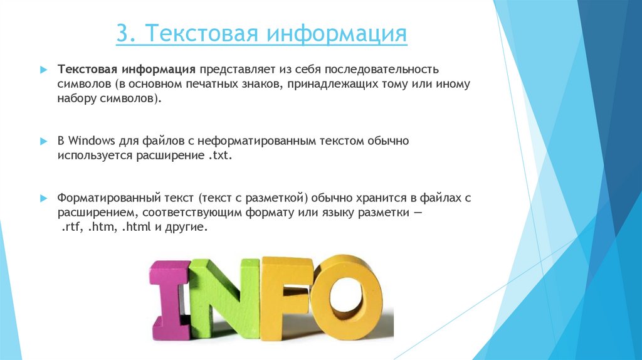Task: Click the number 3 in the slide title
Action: [x=122, y=33]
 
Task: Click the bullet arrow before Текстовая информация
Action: [x=43, y=68]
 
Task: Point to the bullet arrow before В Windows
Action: [x=43, y=142]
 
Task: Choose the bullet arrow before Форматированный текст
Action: [x=43, y=198]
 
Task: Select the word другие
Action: [x=185, y=228]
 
